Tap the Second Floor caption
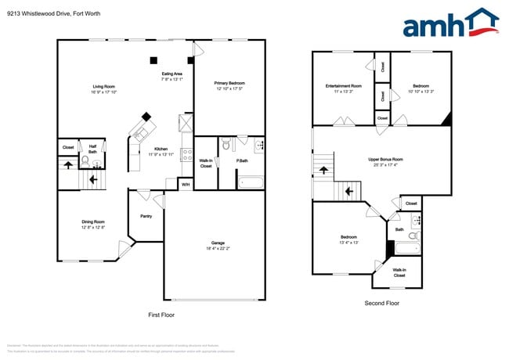click(x=381, y=302)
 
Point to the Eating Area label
click(x=171, y=74)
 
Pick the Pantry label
click(x=146, y=216)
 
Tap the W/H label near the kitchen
click(x=186, y=185)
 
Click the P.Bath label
click(x=242, y=161)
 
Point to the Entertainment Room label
click(x=344, y=85)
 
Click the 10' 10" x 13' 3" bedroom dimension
click(x=421, y=91)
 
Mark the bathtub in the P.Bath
click(x=252, y=184)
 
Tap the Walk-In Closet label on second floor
click(x=399, y=272)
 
